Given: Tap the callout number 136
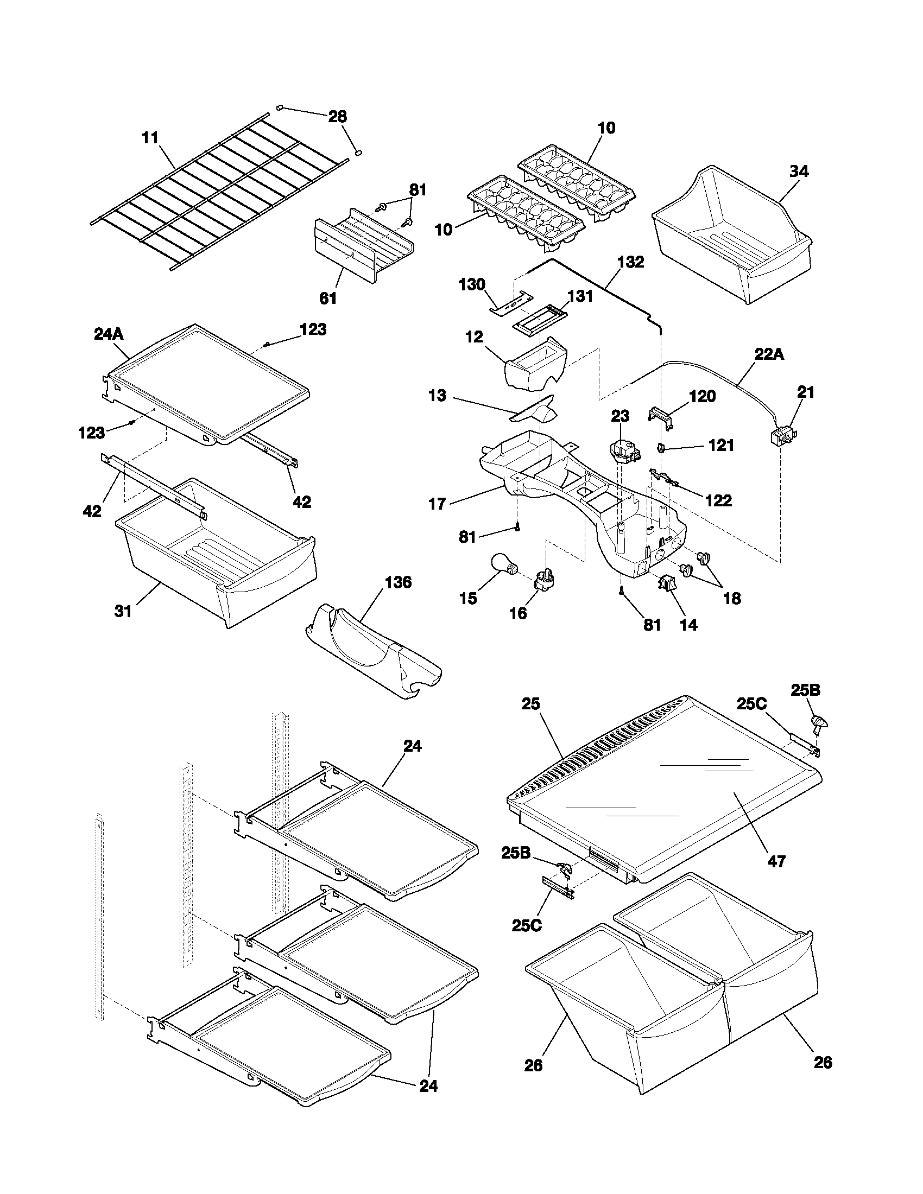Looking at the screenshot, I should (x=398, y=583).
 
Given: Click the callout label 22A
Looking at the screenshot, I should (x=769, y=355).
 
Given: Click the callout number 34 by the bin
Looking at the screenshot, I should (x=798, y=172).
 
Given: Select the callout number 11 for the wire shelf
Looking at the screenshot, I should (x=150, y=138).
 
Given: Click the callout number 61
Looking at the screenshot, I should (x=328, y=298).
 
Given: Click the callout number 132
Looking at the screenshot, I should (x=630, y=263).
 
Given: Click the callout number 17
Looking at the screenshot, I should (x=437, y=504).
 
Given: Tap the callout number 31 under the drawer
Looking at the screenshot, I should (x=123, y=611).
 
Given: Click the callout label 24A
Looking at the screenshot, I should (x=109, y=334).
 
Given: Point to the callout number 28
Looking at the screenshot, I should (x=337, y=117).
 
